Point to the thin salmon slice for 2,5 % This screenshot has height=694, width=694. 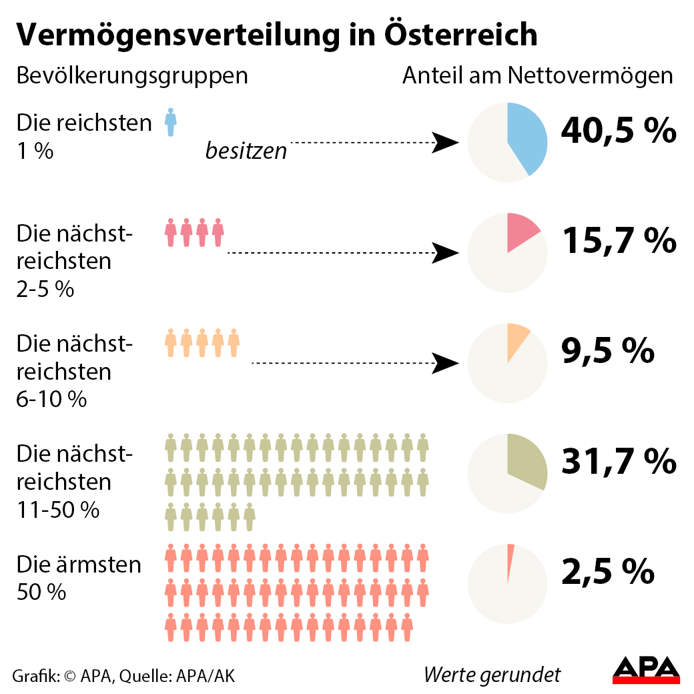coord(510,561)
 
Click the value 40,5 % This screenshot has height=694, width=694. coord(619,131)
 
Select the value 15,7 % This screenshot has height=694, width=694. coord(619,241)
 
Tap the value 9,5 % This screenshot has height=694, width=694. coord(607,351)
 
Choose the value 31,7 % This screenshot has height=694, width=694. coord(619,461)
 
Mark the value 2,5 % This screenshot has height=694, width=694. coord(607,571)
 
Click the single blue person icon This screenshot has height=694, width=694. coord(171,122)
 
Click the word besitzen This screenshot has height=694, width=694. coord(246,151)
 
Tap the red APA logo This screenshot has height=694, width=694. coord(646,670)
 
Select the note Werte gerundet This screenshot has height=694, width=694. coord(492,675)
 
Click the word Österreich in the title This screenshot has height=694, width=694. coord(460,35)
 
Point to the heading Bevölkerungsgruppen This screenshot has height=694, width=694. coord(132,75)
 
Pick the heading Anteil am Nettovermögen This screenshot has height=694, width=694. coord(537,75)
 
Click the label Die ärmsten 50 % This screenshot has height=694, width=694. coord(79,578)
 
